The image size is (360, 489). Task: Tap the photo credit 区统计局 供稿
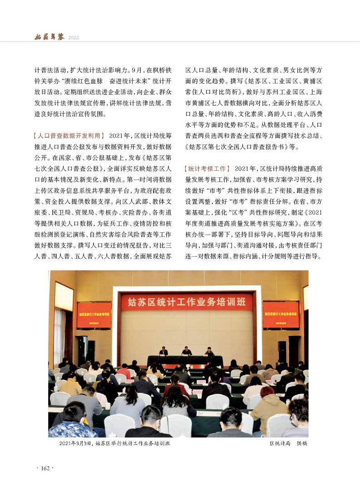288,444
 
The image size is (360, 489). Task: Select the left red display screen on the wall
94,315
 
